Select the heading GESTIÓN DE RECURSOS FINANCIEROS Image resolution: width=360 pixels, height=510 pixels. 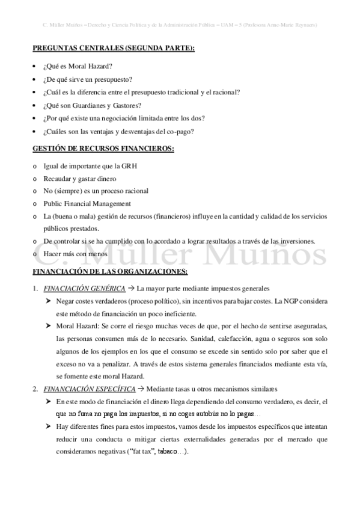tap(103, 149)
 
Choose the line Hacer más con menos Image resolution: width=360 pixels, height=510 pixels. tap(75, 254)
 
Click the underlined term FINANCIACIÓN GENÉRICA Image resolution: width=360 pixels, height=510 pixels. tap(85, 287)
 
